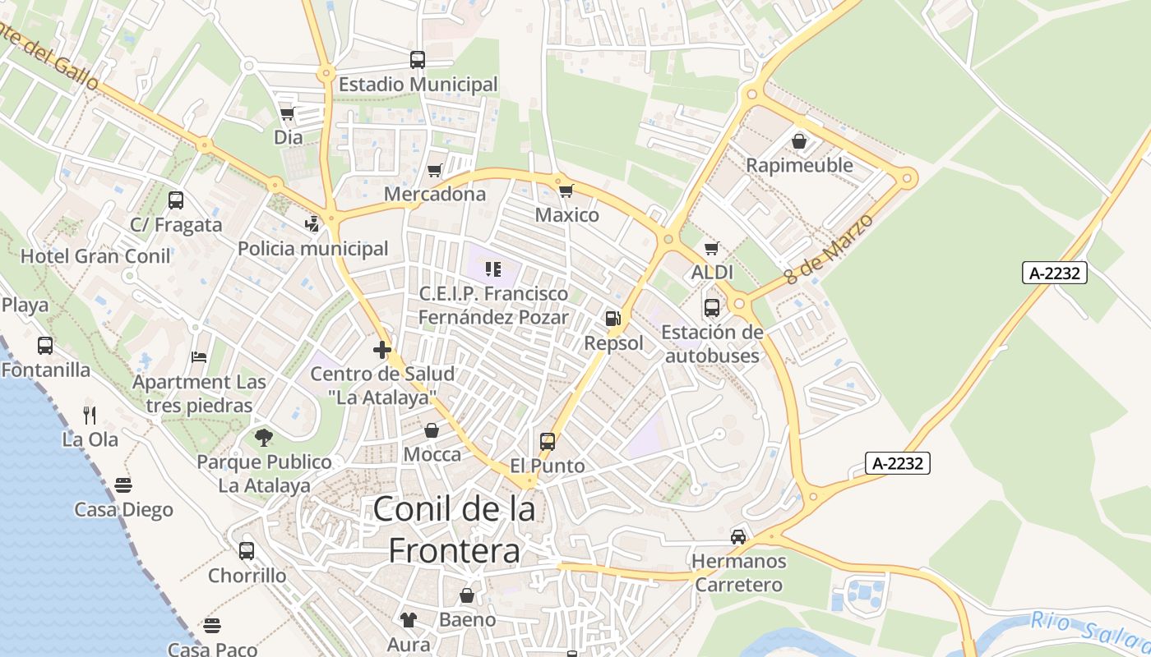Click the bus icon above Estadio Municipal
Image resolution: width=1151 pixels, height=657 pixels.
coord(418,59)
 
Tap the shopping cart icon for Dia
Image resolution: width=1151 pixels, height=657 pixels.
coord(287,113)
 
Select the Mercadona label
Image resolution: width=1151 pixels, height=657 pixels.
coord(435,195)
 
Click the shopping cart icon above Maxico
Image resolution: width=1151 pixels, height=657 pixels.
coord(566,191)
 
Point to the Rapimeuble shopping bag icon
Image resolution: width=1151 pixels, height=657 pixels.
coord(798,141)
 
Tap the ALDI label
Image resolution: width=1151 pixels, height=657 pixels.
coord(712,272)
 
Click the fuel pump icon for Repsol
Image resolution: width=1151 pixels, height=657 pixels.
coord(612,318)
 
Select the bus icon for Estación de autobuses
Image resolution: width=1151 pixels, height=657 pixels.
coord(711,308)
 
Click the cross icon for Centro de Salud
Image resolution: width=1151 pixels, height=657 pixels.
coord(381,350)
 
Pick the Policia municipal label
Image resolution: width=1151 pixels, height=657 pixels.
coord(312,248)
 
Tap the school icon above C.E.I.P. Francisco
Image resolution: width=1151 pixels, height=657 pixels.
coord(493,269)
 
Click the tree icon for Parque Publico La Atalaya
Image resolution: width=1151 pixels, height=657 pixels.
coord(263,437)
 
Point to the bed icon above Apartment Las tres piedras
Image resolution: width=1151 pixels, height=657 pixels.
coord(199,357)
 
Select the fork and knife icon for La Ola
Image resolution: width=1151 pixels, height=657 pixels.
coord(90,415)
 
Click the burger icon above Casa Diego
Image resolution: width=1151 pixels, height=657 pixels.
coord(123,485)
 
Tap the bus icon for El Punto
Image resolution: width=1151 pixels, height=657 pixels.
coord(547,442)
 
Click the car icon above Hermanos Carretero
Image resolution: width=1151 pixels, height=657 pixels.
coord(738,537)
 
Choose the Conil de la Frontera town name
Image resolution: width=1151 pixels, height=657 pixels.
coord(454,529)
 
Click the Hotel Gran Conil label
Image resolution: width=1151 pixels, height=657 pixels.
coord(95,255)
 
